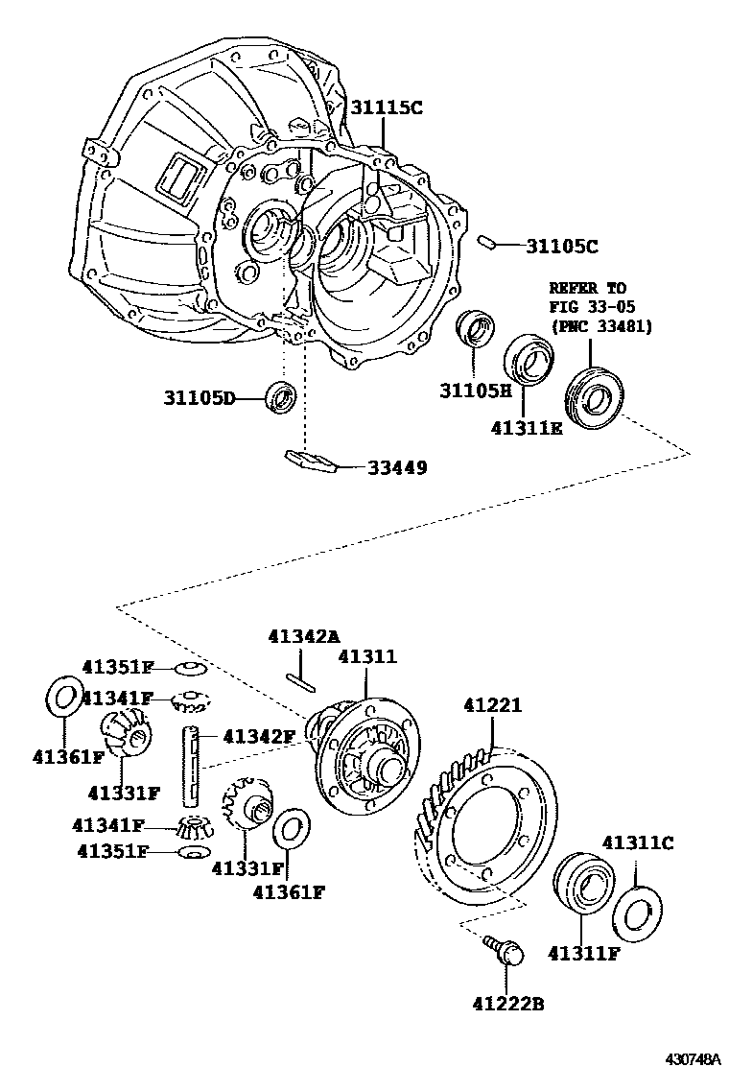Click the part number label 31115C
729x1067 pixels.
tap(385, 108)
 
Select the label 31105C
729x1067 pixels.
tap(561, 247)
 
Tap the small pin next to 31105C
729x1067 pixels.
tap(486, 242)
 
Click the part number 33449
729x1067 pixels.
tap(396, 468)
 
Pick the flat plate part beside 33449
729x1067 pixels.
tap(310, 460)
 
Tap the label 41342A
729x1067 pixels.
tap(304, 635)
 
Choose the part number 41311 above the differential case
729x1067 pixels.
tap(366, 656)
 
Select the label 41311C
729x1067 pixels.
tap(638, 843)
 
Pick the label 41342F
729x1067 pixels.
tap(259, 737)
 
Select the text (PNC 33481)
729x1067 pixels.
tap(600, 326)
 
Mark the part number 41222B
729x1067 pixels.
tap(508, 1005)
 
